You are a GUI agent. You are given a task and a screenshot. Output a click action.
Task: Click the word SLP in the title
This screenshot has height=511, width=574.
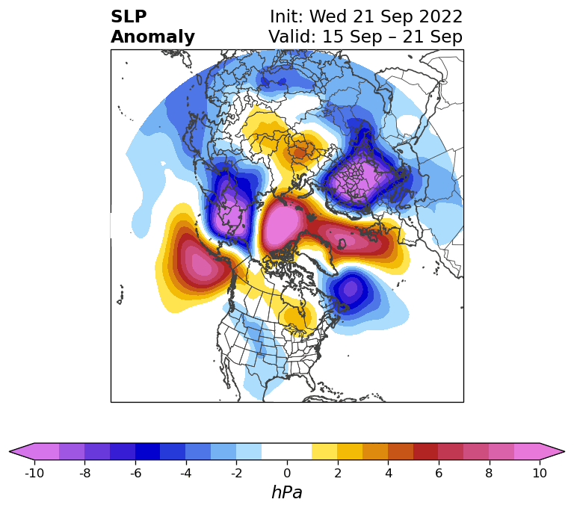[129, 17]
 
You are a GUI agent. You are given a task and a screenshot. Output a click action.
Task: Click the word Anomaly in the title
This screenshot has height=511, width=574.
[152, 37]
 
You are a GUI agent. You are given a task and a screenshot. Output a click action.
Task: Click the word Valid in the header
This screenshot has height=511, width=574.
[292, 37]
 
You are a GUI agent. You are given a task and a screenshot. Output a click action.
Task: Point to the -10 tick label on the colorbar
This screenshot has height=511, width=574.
[34, 473]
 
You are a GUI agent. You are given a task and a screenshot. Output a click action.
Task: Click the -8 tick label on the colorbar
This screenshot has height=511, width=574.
[84, 473]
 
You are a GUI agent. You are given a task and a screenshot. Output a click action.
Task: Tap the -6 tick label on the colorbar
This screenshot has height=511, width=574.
[135, 473]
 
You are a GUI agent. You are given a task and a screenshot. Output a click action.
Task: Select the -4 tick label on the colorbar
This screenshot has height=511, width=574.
[185, 473]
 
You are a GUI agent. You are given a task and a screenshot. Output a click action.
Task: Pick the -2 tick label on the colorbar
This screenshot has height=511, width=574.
[236, 473]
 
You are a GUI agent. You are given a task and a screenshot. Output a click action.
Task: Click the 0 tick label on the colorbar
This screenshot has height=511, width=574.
[287, 473]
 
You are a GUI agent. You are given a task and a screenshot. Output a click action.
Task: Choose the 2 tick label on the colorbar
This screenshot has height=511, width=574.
[338, 473]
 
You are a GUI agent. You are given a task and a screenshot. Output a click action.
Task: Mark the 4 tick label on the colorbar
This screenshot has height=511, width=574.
[388, 473]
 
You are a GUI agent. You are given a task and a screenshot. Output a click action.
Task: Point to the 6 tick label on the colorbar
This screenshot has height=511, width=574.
[439, 473]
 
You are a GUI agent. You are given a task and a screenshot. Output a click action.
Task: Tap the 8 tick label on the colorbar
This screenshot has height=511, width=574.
[490, 473]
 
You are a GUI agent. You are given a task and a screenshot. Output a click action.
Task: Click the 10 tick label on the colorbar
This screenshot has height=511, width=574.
[540, 473]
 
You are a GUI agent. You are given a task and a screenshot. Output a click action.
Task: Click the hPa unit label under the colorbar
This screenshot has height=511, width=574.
[287, 493]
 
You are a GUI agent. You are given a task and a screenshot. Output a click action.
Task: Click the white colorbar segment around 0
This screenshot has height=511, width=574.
[287, 451]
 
